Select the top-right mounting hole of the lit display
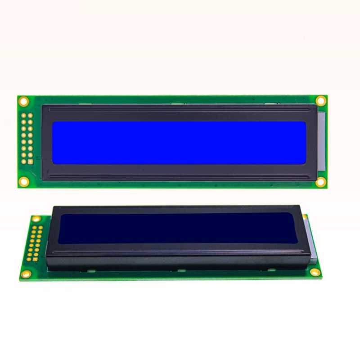[320, 101]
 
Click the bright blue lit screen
[180, 142]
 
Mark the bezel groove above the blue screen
[180, 109]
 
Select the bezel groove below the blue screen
[180, 176]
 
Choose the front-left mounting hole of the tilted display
[26, 273]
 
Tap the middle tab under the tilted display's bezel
[178, 270]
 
